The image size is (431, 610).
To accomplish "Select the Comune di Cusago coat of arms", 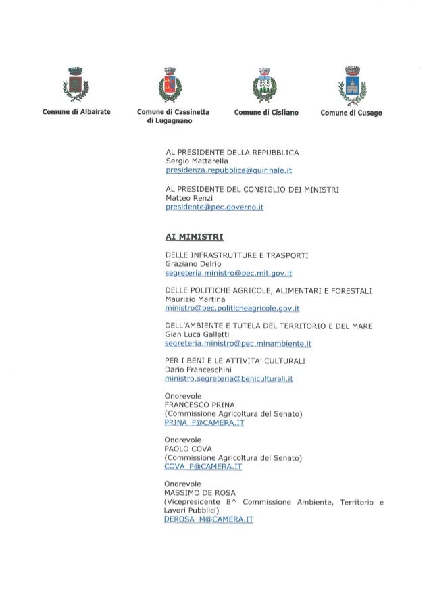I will pyautogui.click(x=351, y=84).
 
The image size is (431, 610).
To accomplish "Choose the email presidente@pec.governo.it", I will pyautogui.click(x=213, y=209).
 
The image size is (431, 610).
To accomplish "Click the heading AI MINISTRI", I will pyautogui.click(x=189, y=237).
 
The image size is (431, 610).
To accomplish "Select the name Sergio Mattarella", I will pyautogui.click(x=197, y=161).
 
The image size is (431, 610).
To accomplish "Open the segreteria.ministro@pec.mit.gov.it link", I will pyautogui.click(x=228, y=273).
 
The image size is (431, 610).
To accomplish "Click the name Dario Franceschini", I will pyautogui.click(x=199, y=370).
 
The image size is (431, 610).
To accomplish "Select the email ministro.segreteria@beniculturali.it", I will pyautogui.click(x=228, y=380).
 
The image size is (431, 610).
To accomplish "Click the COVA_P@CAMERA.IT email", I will pyautogui.click(x=203, y=466).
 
